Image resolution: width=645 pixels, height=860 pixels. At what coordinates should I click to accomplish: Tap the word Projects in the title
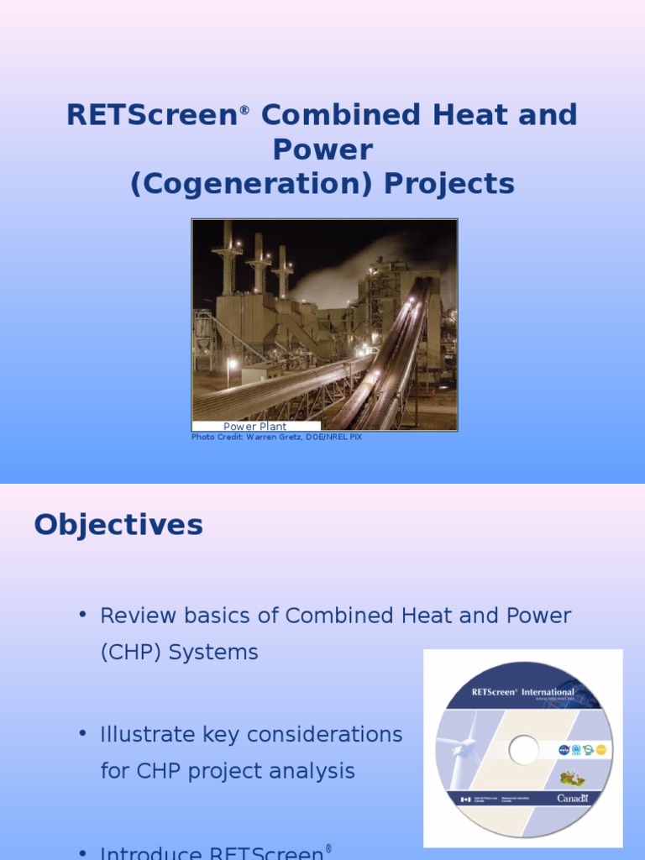point(449,184)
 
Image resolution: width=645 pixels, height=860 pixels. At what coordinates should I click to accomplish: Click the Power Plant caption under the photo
point(254,427)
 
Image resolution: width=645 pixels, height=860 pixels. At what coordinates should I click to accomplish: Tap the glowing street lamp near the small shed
point(232,364)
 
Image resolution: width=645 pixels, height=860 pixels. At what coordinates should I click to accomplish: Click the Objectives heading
point(118,525)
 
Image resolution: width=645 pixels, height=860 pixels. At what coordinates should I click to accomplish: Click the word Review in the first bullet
point(135,616)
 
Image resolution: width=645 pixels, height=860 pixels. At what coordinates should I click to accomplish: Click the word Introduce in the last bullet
point(150,853)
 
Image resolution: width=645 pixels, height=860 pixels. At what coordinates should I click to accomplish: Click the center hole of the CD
point(523,749)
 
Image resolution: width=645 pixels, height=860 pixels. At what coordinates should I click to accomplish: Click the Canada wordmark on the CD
point(572,798)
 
